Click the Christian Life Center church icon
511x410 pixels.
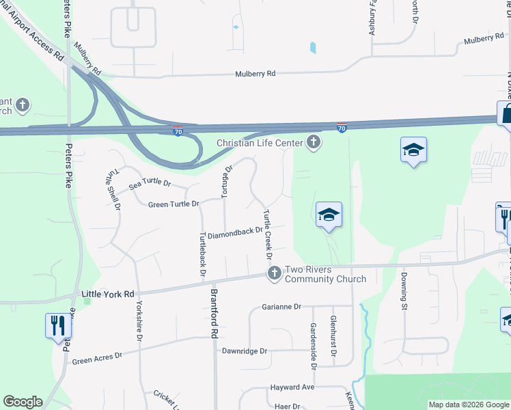[314, 142]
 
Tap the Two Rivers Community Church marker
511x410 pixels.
[275, 274]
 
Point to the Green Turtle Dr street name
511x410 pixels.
[174, 204]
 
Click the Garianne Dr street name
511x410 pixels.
[281, 307]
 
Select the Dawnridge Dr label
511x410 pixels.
[244, 351]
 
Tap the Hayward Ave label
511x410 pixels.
[292, 387]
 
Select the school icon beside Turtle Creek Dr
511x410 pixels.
[329, 215]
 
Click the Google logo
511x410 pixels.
[23, 402]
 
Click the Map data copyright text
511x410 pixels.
[469, 405]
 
